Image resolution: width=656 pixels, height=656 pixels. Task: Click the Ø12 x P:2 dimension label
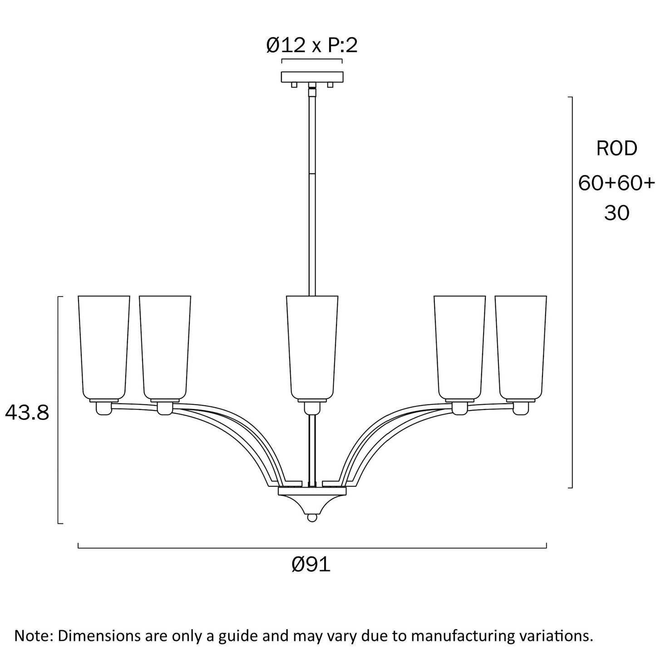point(311,45)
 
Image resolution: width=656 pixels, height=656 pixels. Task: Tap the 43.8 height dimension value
point(27,413)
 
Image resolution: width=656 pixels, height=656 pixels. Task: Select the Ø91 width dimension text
point(311,565)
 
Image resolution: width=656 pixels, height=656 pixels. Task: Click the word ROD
point(617,149)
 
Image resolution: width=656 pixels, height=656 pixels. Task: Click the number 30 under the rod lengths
point(617,213)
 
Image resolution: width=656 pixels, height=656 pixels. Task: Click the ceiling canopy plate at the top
point(312,77)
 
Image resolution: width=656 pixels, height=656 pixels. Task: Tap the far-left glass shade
point(104,348)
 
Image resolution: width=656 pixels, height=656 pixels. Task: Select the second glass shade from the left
point(165,348)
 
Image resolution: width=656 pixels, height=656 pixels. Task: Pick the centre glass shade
point(312,348)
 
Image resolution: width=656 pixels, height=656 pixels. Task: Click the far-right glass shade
point(521,348)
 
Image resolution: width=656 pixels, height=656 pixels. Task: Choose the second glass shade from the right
point(459,348)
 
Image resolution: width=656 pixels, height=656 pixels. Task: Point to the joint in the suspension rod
point(312,173)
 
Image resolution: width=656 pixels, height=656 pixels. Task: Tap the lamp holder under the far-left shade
point(104,408)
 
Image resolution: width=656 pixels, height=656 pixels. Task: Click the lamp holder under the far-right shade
point(521,408)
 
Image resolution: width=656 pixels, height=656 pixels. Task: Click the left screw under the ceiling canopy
point(294,85)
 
